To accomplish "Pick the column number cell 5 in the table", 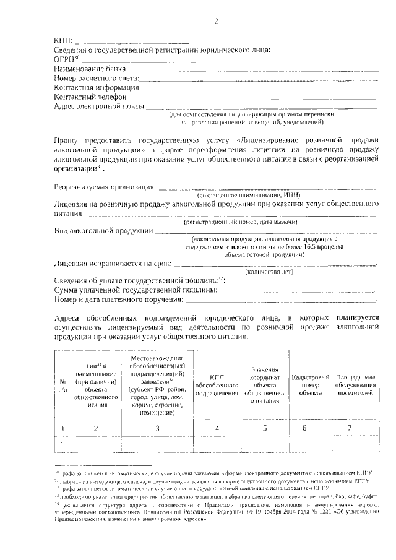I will [265, 428].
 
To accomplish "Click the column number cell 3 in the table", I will [157, 428].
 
